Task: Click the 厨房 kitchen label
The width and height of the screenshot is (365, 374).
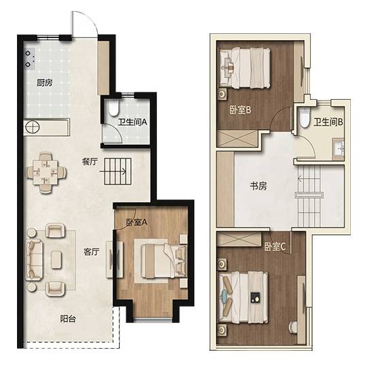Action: tap(44, 83)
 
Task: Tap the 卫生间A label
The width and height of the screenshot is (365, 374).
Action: tap(133, 122)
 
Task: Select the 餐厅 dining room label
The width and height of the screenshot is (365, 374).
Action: tap(90, 162)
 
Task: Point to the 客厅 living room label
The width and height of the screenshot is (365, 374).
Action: tap(91, 252)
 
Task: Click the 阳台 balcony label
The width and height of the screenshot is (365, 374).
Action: tap(68, 319)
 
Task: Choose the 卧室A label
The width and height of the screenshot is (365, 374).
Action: tap(137, 222)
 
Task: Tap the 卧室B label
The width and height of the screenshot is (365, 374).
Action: tap(241, 110)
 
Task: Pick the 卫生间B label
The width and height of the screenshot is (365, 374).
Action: tap(328, 122)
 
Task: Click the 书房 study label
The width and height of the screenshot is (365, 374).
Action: tap(258, 186)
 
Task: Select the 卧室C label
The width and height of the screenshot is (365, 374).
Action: tap(275, 247)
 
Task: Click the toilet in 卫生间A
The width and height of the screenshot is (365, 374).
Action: tap(114, 108)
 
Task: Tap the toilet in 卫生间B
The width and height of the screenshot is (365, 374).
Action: tap(304, 118)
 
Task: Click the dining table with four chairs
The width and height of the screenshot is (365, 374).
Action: tap(46, 173)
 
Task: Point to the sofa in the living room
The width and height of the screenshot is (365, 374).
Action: tap(33, 260)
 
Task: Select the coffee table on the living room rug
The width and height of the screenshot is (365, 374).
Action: tap(56, 260)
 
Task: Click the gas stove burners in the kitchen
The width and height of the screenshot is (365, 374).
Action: tap(29, 59)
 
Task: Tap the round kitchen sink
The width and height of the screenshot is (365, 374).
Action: tap(33, 127)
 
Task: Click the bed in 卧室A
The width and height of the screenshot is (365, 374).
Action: tap(164, 261)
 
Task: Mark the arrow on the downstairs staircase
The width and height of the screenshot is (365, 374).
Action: tap(113, 171)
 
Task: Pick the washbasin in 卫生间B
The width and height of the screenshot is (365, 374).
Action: tap(338, 149)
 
